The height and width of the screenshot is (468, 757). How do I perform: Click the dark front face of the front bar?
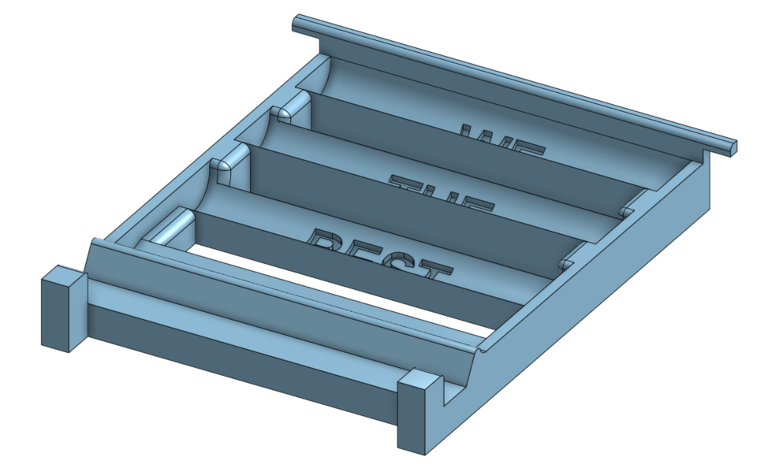[237, 359]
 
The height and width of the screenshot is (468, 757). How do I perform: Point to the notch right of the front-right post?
[452, 394]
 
